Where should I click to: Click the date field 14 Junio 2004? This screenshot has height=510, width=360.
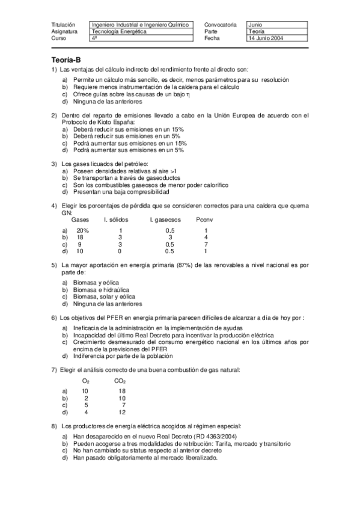(265, 38)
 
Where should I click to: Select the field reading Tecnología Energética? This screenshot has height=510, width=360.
(119, 31)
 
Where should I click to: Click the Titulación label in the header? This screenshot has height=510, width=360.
(64, 25)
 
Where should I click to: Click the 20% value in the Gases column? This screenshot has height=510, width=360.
(82, 230)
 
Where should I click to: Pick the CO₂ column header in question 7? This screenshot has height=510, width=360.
(120, 380)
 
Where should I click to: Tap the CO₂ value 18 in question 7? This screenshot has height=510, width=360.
(122, 391)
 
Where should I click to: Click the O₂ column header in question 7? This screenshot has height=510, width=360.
(85, 380)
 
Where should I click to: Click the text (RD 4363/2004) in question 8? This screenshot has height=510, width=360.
(196, 437)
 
